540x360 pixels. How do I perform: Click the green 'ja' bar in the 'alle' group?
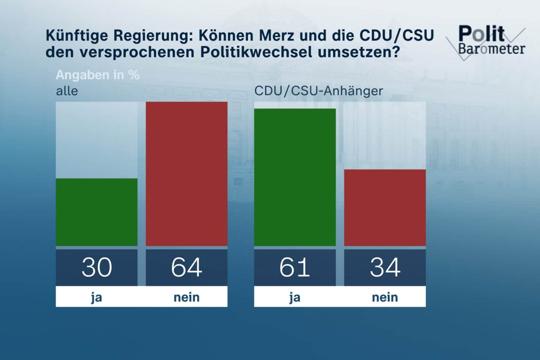pos(96,212)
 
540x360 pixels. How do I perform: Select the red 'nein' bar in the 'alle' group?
pos(186,174)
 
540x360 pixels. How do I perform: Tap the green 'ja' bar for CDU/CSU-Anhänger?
pos(295,177)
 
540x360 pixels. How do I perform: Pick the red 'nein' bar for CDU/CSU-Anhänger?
pos(385,207)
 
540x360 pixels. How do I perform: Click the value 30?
pos(96,267)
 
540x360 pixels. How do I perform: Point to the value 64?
pos(186,267)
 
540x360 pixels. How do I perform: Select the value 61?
pos(295,267)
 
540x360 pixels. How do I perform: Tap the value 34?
pos(385,267)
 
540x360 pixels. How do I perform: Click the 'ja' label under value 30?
pos(96,297)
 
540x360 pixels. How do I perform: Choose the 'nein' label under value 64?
pos(186,297)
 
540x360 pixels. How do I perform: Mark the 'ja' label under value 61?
pos(295,297)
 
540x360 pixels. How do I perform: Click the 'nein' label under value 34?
pos(385,297)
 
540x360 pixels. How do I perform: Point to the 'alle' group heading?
pos(67,91)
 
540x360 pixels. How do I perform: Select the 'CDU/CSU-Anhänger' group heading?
pos(318,91)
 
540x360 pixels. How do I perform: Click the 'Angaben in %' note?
pos(97,75)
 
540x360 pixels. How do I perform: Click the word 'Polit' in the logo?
pos(481,34)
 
